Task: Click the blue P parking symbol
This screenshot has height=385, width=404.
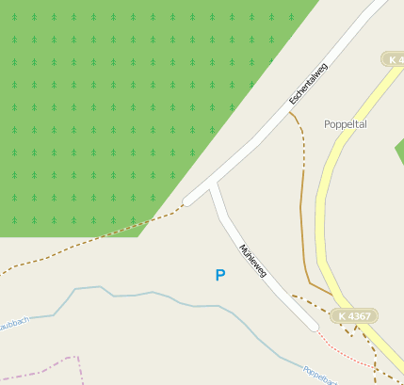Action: click(x=220, y=275)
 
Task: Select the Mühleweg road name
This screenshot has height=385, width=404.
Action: click(x=253, y=263)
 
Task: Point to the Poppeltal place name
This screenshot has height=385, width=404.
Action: click(x=345, y=124)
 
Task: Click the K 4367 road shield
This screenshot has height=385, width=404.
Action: click(x=355, y=316)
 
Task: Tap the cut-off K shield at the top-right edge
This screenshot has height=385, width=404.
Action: click(x=394, y=59)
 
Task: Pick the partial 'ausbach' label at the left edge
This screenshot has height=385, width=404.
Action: click(x=14, y=321)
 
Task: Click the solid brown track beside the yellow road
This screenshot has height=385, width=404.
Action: click(x=302, y=217)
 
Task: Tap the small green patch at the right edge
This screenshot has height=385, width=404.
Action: click(x=399, y=150)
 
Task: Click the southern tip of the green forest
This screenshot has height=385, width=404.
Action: click(x=141, y=234)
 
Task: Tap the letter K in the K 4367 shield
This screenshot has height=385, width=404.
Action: click(x=343, y=316)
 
